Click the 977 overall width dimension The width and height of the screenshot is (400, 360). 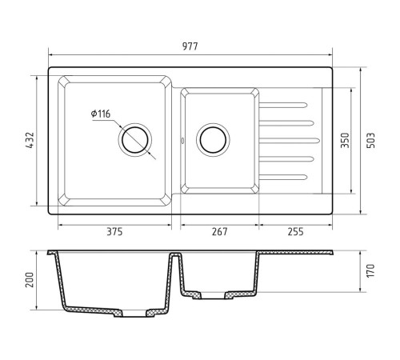[x=190, y=46]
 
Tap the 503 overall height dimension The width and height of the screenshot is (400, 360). [x=371, y=140]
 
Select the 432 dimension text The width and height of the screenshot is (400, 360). [x=30, y=140]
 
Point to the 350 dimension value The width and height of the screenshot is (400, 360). [x=345, y=140]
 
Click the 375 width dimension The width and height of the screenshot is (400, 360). [x=114, y=231]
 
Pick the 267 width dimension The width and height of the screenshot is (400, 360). [x=220, y=231]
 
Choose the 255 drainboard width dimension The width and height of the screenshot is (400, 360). [x=295, y=231]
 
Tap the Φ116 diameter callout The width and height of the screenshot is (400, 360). [x=101, y=114]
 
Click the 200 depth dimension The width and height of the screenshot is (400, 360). [x=30, y=280]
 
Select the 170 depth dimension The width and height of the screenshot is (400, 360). [x=370, y=270]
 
